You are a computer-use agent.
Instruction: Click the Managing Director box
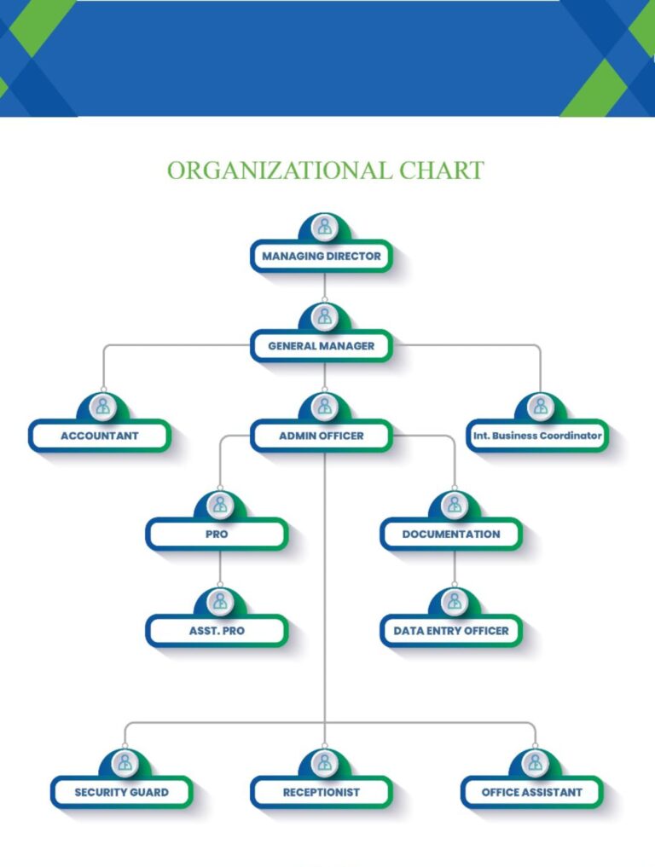(x=322, y=256)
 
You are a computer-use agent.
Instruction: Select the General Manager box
(x=322, y=346)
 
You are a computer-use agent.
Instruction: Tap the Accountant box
(x=100, y=436)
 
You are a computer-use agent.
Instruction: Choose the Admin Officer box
(x=322, y=436)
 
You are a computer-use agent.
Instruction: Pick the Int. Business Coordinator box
(x=538, y=436)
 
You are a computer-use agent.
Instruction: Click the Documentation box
(x=451, y=535)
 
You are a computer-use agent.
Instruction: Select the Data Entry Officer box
(x=451, y=632)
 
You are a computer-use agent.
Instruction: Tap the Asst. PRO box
(x=217, y=632)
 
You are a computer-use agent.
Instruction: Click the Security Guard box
(x=122, y=792)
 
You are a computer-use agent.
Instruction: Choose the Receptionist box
(x=322, y=792)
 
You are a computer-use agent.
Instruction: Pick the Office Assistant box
(x=532, y=792)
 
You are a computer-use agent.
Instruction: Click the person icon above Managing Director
(x=323, y=227)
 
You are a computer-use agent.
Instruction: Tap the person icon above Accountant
(x=103, y=407)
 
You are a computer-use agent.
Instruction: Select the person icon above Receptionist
(x=323, y=762)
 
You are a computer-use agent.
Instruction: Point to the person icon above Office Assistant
(x=535, y=762)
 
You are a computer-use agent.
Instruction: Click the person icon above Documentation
(x=454, y=505)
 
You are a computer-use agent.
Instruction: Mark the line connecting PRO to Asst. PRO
(x=220, y=569)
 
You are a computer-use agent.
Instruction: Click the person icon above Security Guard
(x=125, y=762)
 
